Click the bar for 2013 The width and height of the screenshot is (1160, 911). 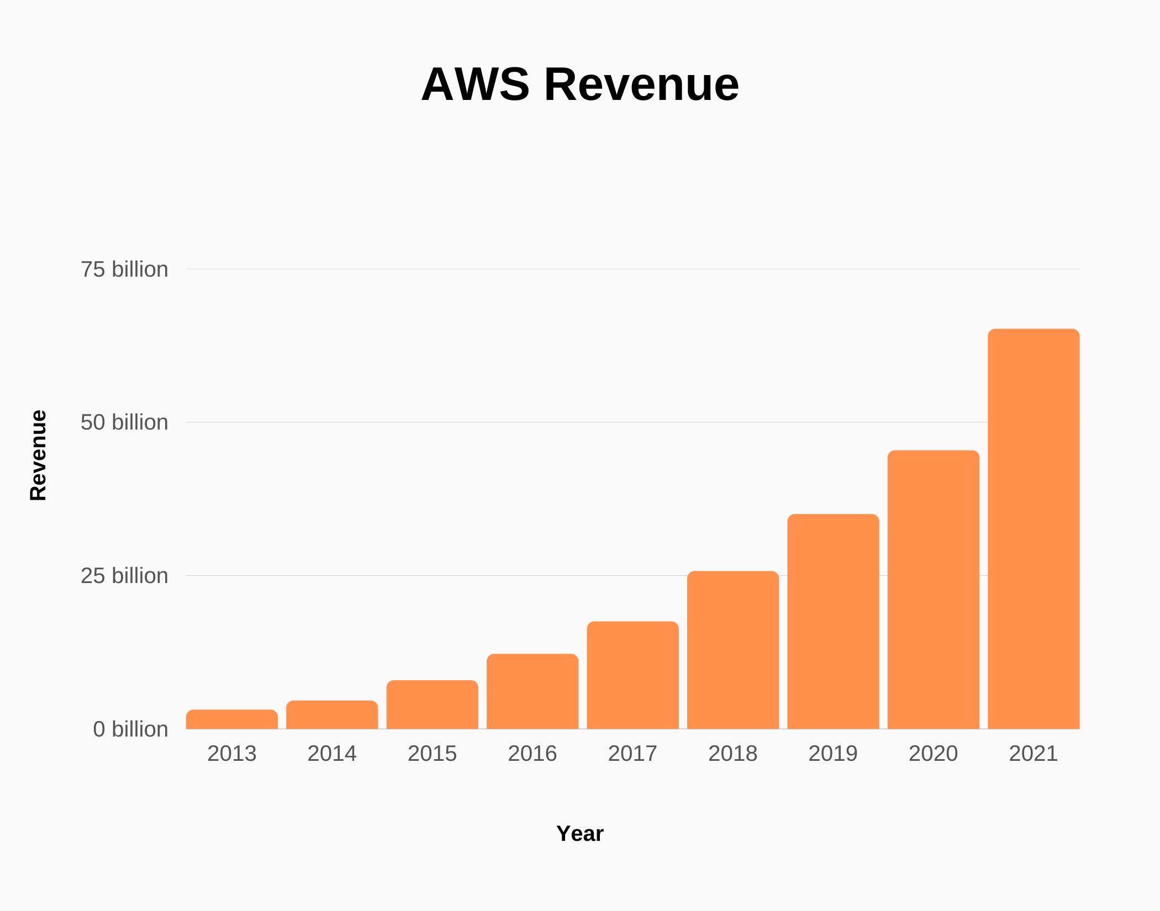(x=231, y=719)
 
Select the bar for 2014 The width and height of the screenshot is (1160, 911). (x=332, y=715)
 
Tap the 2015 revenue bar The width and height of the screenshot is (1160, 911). (x=432, y=705)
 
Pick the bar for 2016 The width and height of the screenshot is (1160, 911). (x=532, y=692)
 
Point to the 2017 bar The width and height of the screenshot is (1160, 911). (x=632, y=675)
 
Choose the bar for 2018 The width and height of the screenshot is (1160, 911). (x=733, y=650)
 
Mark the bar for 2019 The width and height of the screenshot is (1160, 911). (x=833, y=622)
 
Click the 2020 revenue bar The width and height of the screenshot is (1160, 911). (x=934, y=590)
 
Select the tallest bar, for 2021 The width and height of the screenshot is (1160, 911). (x=1034, y=529)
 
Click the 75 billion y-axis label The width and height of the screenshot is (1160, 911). (x=124, y=269)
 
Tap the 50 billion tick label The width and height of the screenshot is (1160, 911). (x=124, y=422)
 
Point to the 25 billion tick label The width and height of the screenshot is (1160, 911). (x=124, y=576)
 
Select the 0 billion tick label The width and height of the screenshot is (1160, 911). (x=130, y=729)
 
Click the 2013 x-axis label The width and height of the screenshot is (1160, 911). (x=231, y=754)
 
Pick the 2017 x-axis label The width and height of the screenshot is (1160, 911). (x=632, y=754)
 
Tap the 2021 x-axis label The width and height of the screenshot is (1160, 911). (x=1034, y=754)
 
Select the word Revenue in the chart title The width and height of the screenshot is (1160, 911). (x=641, y=84)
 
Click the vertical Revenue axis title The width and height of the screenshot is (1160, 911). (x=38, y=455)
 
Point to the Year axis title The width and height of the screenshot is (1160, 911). (x=580, y=834)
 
